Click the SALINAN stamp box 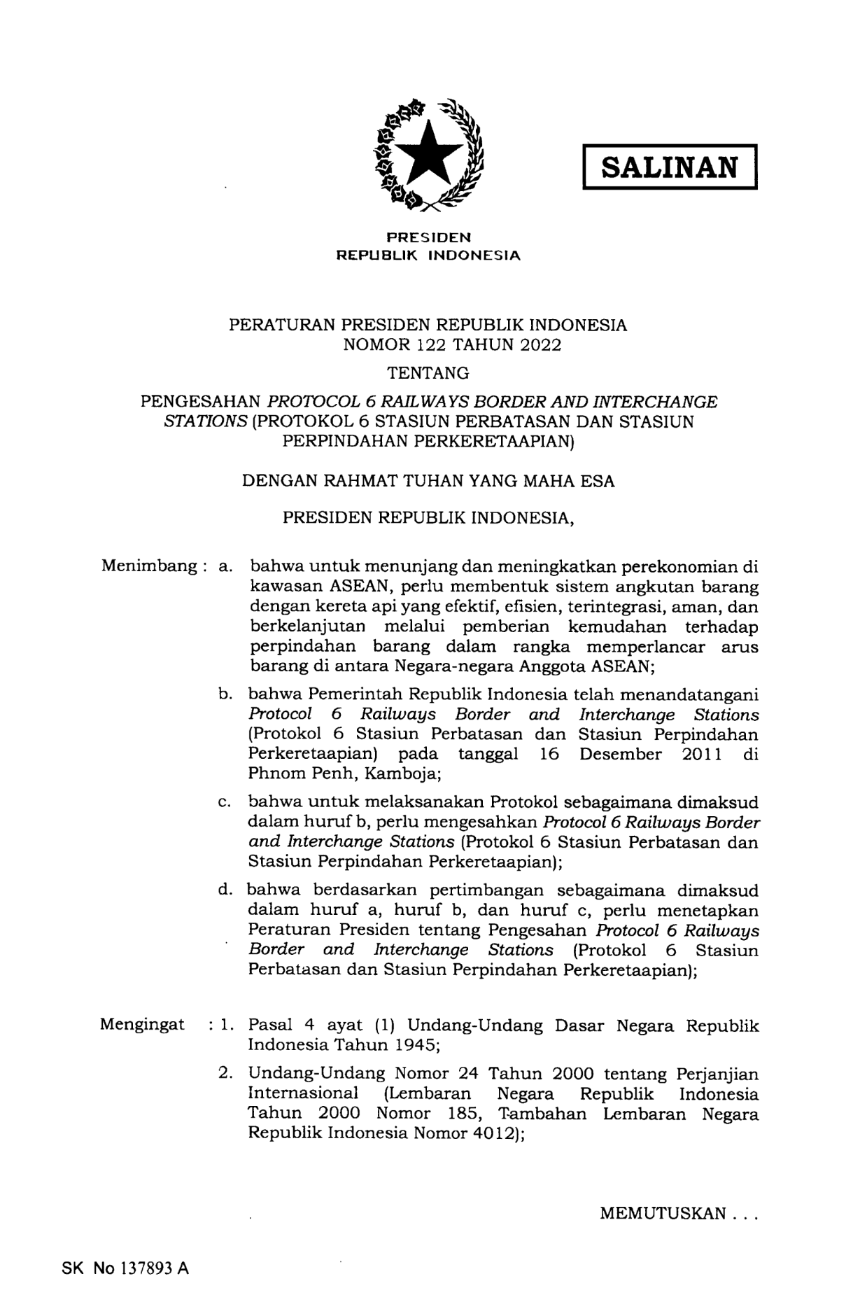(670, 167)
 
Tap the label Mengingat (142, 1025)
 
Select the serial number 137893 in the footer (145, 1268)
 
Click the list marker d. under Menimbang (225, 890)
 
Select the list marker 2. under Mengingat (226, 1073)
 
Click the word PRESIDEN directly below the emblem (429, 237)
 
